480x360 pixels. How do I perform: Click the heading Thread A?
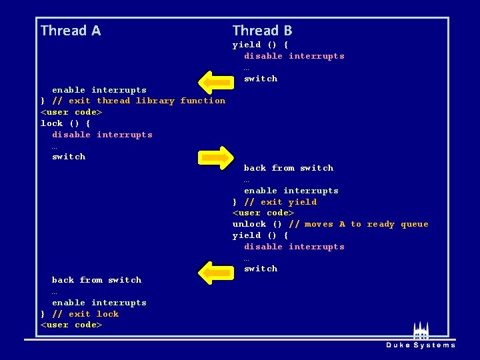[x=71, y=31]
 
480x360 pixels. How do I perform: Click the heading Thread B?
[x=262, y=31]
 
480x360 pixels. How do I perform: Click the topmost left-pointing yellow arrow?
[x=214, y=83]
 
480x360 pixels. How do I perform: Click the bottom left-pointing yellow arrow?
[x=214, y=273]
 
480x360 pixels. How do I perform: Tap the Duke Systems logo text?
[x=420, y=345]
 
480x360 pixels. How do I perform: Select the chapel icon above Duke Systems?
[x=420, y=331]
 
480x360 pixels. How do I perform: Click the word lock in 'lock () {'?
[x=52, y=123]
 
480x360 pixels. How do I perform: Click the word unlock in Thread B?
[x=249, y=225]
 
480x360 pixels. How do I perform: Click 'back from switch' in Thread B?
[x=288, y=168]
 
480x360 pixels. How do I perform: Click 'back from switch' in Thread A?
[x=97, y=280]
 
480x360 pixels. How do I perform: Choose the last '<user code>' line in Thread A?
[x=71, y=325]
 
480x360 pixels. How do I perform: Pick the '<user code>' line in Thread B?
[x=263, y=213]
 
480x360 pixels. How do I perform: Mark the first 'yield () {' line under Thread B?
[x=260, y=45]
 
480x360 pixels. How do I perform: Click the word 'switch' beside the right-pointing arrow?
[x=69, y=157]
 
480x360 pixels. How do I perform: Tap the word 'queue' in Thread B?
[x=415, y=225]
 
